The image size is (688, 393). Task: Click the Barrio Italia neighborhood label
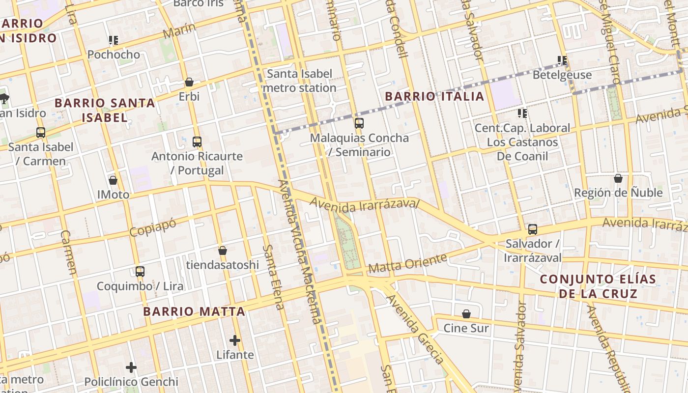(x=434, y=96)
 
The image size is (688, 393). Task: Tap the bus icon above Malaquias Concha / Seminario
(x=359, y=123)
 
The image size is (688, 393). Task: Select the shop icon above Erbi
(x=189, y=82)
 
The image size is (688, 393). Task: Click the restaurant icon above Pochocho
(x=114, y=40)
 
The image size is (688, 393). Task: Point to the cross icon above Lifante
(x=235, y=340)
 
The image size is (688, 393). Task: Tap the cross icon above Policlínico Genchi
(x=131, y=367)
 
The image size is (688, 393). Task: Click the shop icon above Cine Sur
(x=466, y=313)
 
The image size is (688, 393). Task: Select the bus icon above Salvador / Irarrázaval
(x=533, y=229)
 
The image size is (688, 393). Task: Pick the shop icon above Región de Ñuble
(x=618, y=178)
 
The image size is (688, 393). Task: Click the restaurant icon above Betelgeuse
(x=562, y=60)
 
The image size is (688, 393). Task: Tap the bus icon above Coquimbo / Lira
(x=140, y=272)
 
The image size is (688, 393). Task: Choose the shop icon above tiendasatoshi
(x=223, y=251)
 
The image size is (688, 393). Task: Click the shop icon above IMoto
(x=113, y=180)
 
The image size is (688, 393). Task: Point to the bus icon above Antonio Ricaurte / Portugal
(x=197, y=142)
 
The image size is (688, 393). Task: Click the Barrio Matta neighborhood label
(x=194, y=311)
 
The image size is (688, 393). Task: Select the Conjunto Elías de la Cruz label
(x=598, y=286)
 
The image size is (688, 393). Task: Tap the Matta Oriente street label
(x=407, y=263)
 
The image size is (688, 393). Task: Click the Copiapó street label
(x=153, y=227)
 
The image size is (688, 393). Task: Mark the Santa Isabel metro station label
(x=299, y=81)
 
